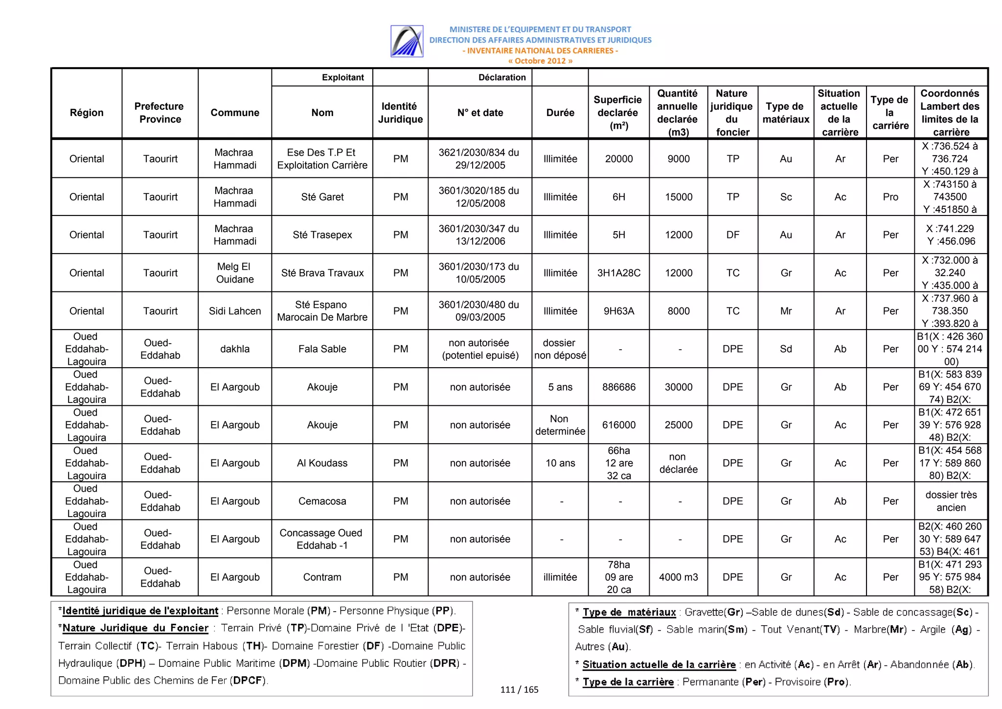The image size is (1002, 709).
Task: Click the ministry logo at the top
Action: tap(407, 41)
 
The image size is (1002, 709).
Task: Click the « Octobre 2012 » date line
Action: tap(540, 61)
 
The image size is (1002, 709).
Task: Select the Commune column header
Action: tap(235, 113)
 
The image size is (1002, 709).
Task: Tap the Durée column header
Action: tap(560, 113)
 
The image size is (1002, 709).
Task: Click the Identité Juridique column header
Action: tap(400, 113)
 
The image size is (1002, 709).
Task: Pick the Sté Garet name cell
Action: tap(322, 197)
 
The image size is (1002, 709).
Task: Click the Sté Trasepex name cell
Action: tap(322, 235)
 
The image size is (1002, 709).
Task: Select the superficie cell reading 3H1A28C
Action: tap(618, 273)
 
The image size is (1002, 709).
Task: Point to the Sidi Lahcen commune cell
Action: tap(235, 311)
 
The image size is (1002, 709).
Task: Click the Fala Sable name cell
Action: tap(322, 349)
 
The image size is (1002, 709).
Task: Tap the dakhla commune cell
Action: tap(235, 349)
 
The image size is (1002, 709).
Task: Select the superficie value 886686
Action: tap(618, 387)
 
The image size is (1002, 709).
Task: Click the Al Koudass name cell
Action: tap(322, 463)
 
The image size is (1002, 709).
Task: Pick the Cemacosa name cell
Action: tap(322, 501)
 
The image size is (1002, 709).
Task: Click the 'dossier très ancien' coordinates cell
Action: tap(951, 501)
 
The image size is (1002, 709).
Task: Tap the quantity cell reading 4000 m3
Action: tap(678, 577)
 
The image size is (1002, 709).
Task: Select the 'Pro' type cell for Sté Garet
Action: tap(890, 197)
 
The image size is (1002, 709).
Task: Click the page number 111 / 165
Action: tap(519, 689)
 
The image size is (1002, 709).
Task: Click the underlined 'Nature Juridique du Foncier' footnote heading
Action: tap(136, 628)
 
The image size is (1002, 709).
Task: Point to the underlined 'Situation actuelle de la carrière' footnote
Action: tap(659, 664)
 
